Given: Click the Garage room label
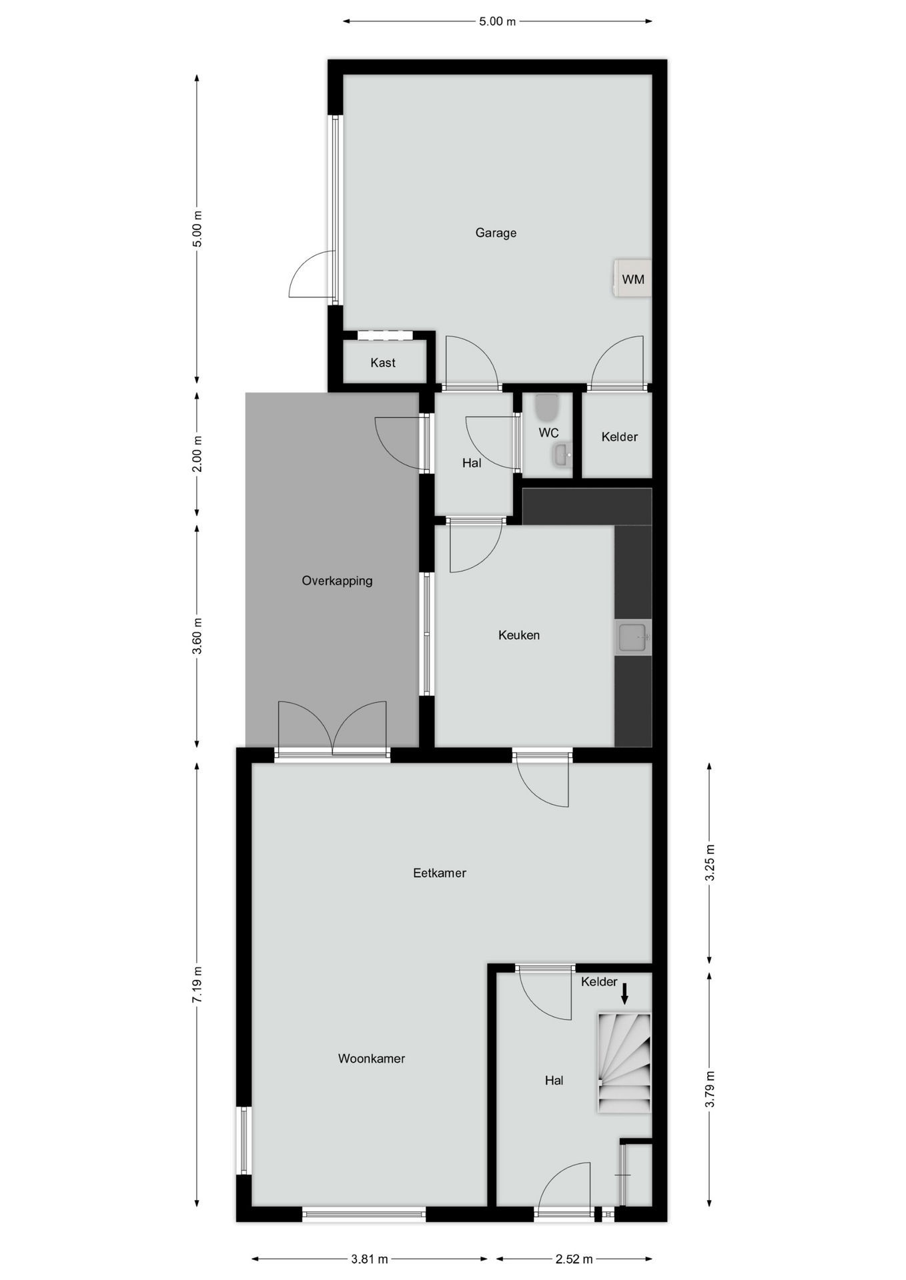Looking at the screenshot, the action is (496, 233).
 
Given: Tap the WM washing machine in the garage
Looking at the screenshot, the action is (632, 278).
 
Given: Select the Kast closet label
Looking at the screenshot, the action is (383, 363).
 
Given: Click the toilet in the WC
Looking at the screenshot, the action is (546, 407).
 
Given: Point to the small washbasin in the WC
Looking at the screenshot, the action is (562, 456).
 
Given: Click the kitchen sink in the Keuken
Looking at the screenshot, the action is (632, 637).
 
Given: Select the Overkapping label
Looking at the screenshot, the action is (337, 581).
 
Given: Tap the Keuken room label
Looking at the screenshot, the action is (519, 635).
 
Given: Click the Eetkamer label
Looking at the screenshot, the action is (440, 873).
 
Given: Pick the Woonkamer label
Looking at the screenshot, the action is (372, 1058).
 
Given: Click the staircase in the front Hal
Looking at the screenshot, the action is (624, 1063).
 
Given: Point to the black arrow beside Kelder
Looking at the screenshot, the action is (624, 993).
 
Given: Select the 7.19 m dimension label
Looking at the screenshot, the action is (197, 985).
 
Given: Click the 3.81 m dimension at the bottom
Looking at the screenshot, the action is (370, 1259).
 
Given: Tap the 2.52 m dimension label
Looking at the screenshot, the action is (574, 1259).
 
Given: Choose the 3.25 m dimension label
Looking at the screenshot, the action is (710, 863).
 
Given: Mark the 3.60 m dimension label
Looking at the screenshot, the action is (197, 636).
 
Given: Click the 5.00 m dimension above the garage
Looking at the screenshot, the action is (497, 21).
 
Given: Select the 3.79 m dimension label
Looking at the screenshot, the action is (710, 1089).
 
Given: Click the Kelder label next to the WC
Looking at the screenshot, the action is (619, 437).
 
